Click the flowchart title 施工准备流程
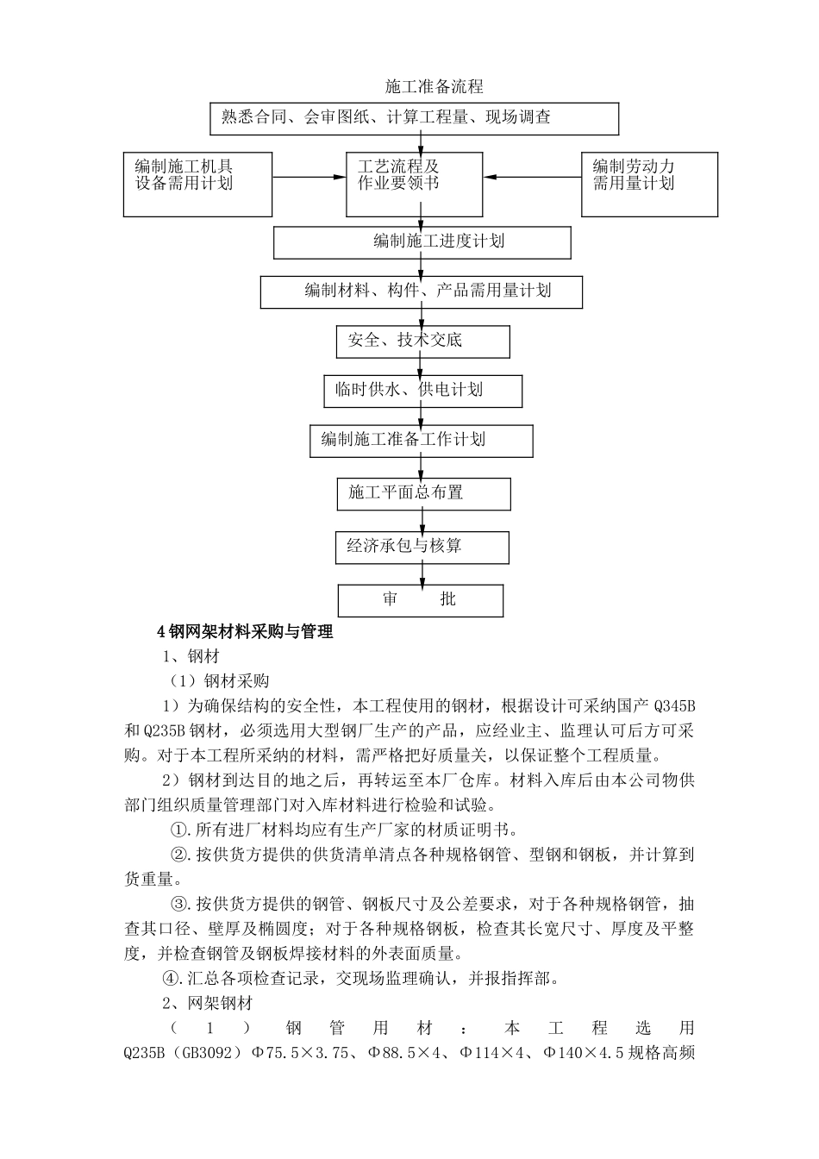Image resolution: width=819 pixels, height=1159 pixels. pyautogui.click(x=434, y=87)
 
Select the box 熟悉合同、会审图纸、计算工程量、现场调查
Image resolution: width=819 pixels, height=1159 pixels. pyautogui.click(x=414, y=119)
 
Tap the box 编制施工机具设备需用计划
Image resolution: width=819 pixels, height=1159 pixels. pyautogui.click(x=197, y=185)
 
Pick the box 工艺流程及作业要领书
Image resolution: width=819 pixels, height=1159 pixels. pyautogui.click(x=414, y=185)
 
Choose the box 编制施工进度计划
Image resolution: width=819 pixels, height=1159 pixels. pyautogui.click(x=422, y=242)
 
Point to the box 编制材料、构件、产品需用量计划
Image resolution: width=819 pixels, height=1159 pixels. pyautogui.click(x=421, y=292)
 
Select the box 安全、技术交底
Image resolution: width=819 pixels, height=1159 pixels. pyautogui.click(x=422, y=341)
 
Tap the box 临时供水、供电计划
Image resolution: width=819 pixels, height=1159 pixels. pyautogui.click(x=422, y=391)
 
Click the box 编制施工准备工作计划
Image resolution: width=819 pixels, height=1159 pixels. pyautogui.click(x=421, y=441)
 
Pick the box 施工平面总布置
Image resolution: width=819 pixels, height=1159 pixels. pyautogui.click(x=422, y=493)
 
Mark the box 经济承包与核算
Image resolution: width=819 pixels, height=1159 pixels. pyautogui.click(x=422, y=547)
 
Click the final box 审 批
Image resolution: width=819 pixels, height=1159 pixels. pyautogui.click(x=420, y=600)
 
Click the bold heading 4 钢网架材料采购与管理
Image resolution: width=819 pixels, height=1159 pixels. pyautogui.click(x=245, y=632)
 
